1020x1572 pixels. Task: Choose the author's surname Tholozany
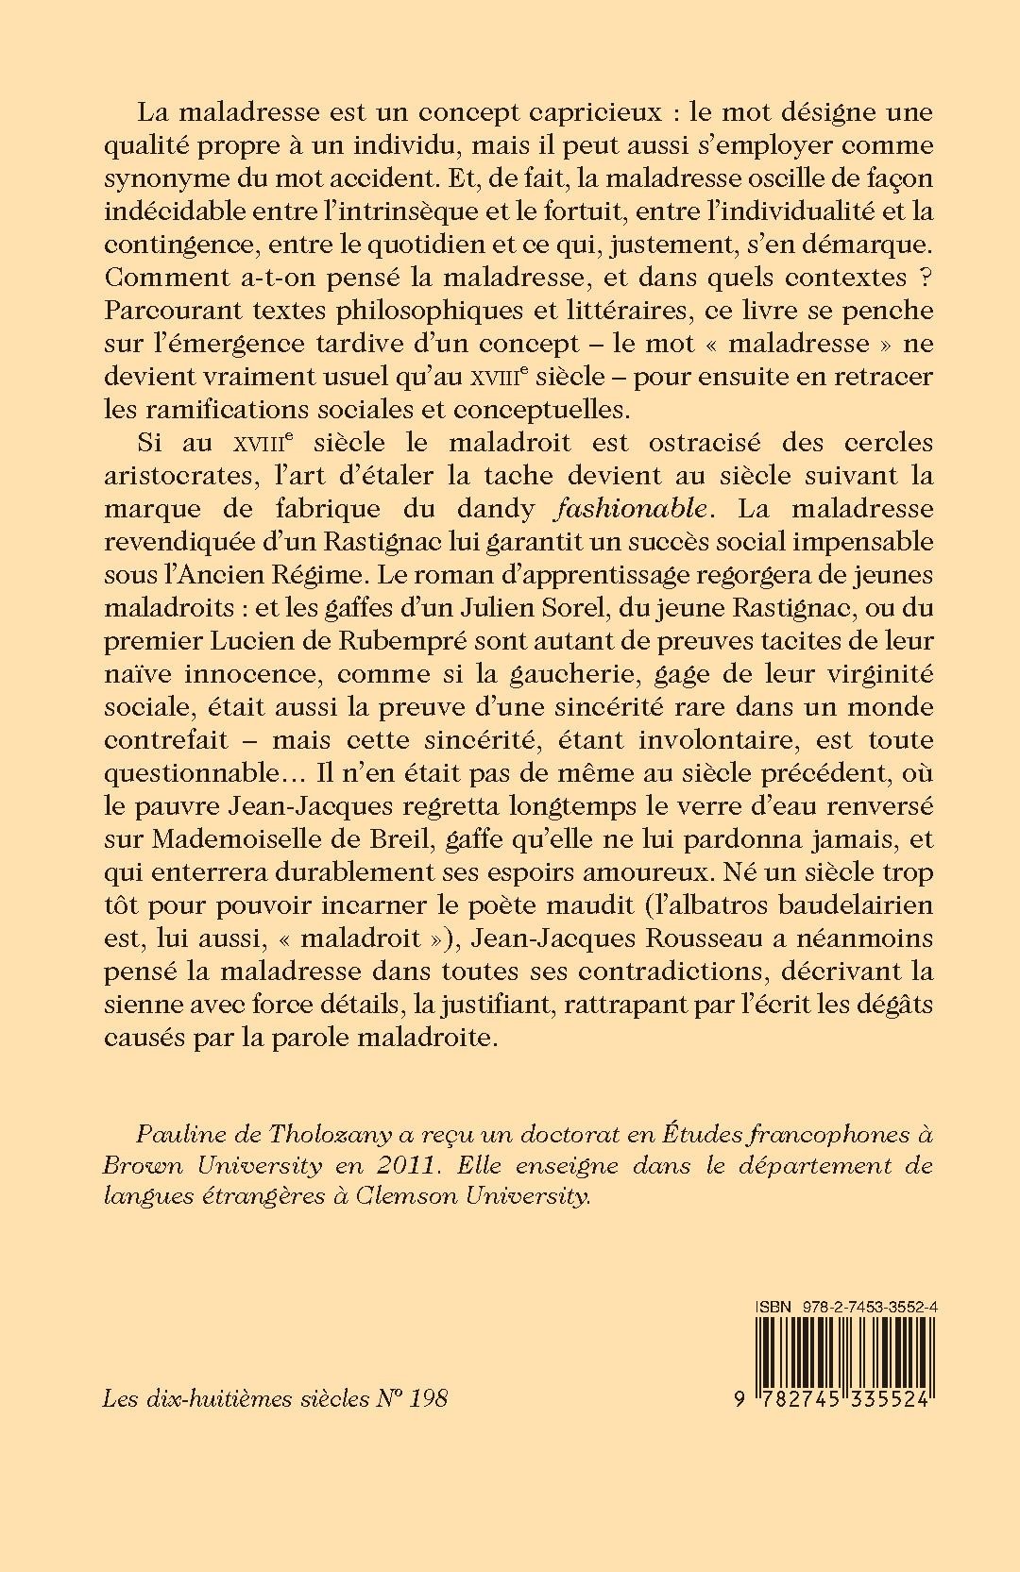315,1134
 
